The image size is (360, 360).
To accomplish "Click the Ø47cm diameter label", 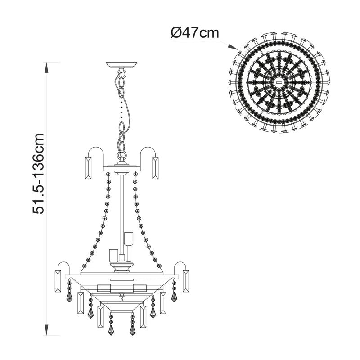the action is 195,33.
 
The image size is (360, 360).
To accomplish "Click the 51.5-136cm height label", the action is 39,174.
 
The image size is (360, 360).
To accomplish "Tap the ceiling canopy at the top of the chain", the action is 121,64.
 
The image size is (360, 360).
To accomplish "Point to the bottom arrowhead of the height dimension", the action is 47,330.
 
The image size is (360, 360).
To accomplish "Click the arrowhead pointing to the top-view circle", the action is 233,47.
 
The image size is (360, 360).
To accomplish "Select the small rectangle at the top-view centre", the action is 279,82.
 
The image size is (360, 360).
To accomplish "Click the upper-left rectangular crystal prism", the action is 88,168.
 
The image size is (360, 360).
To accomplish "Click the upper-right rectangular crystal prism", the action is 155,168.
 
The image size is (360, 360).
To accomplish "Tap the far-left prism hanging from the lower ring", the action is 58,281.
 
